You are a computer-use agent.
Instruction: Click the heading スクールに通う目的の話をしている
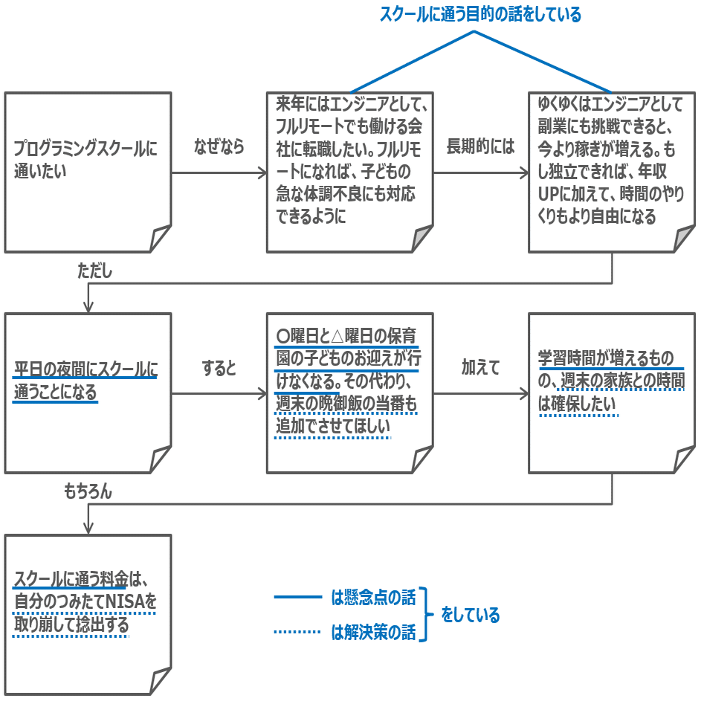[x=480, y=14]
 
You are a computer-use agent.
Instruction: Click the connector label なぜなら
[x=219, y=146]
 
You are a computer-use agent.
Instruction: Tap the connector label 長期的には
[x=480, y=146]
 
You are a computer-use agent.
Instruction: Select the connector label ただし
[x=95, y=271]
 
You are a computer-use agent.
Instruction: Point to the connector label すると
[x=219, y=368]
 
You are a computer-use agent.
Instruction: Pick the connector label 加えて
[x=480, y=367]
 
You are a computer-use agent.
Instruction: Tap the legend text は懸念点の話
[x=373, y=597]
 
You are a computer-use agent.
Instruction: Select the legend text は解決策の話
[x=373, y=633]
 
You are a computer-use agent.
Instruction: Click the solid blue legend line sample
[x=297, y=597]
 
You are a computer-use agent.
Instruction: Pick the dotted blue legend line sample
[x=297, y=633]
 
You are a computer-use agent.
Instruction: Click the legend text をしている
[x=471, y=615]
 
